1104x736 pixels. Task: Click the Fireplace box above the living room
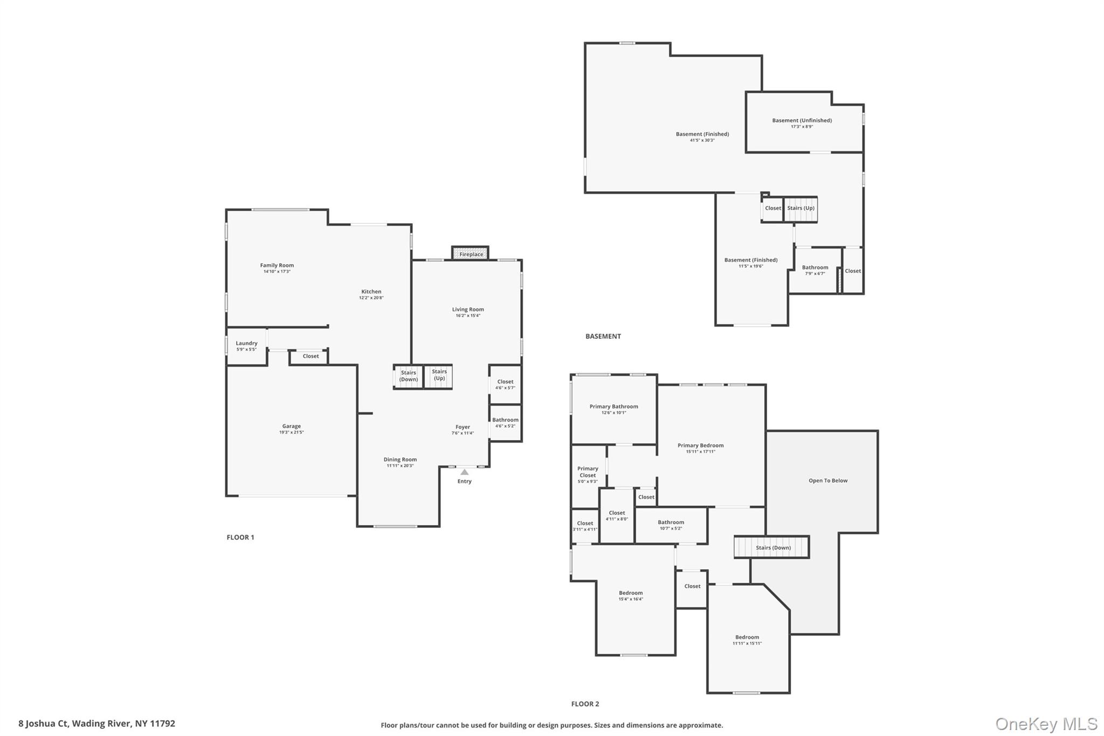[x=471, y=254]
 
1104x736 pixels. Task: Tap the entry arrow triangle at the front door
[x=464, y=472]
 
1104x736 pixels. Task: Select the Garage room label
[x=291, y=426]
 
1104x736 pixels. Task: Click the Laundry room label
[x=246, y=343]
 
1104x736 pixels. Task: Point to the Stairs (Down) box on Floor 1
[x=408, y=376]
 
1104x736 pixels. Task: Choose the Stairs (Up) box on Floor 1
[x=439, y=375]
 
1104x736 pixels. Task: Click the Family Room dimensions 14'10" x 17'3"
[x=277, y=272]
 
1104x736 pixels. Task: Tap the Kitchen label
[x=371, y=292]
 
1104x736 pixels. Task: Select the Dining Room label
[x=400, y=459]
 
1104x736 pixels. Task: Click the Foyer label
[x=463, y=427]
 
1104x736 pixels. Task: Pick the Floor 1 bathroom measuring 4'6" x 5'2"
[x=505, y=423]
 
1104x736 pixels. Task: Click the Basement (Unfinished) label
[x=802, y=120]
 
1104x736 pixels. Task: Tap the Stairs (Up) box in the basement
[x=801, y=209]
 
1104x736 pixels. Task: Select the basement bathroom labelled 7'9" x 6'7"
[x=815, y=270]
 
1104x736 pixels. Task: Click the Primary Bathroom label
[x=613, y=407]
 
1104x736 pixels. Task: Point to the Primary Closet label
[x=588, y=472]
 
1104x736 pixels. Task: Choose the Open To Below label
[x=827, y=480]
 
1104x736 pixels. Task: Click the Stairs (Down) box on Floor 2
[x=772, y=548]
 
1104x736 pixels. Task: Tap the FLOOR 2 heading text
[x=585, y=704]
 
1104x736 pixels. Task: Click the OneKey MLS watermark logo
[x=1046, y=724]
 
